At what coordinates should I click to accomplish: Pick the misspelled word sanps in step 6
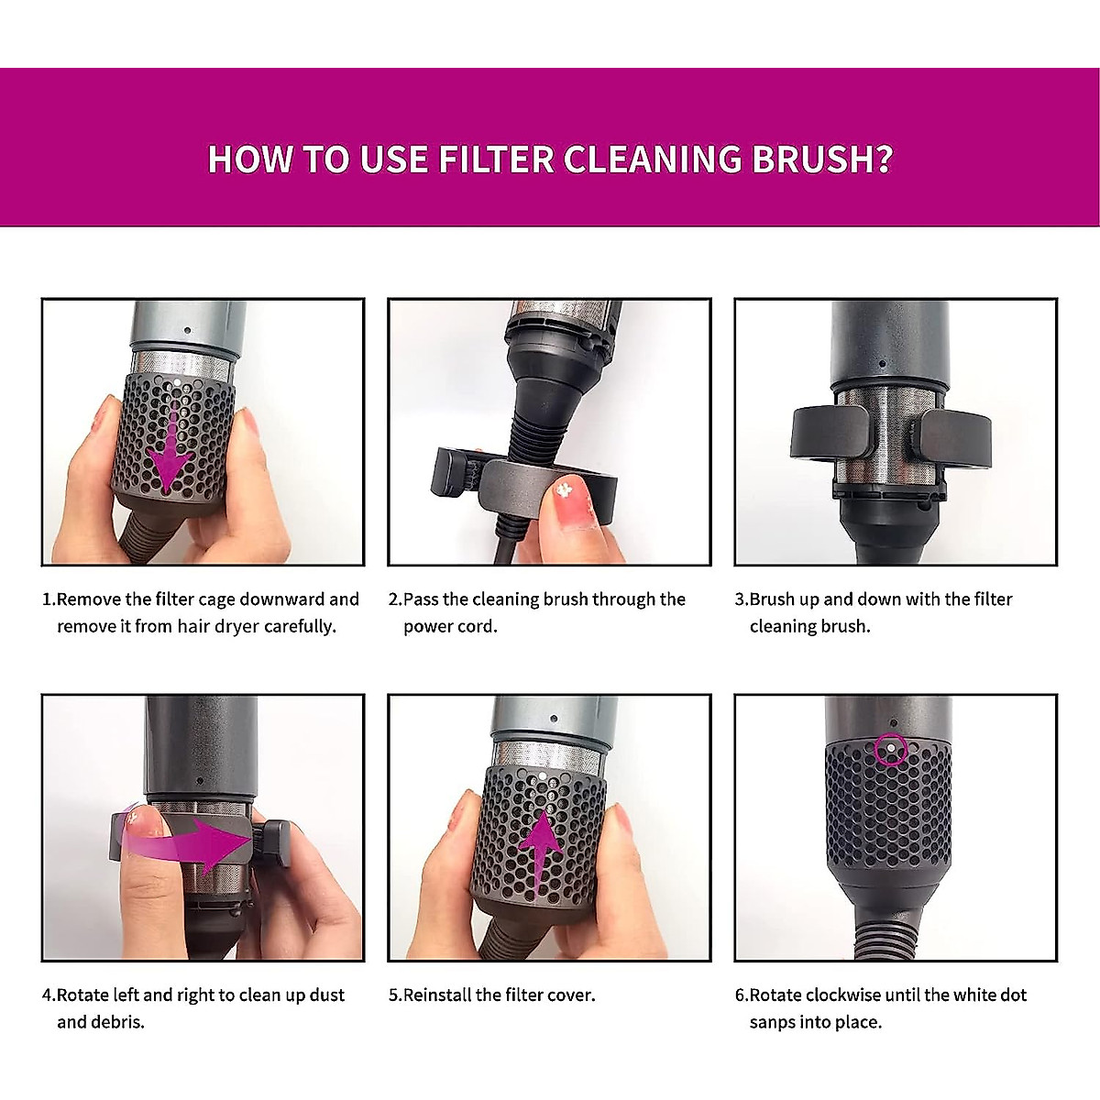point(775,1022)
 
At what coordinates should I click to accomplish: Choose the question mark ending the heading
point(883,159)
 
